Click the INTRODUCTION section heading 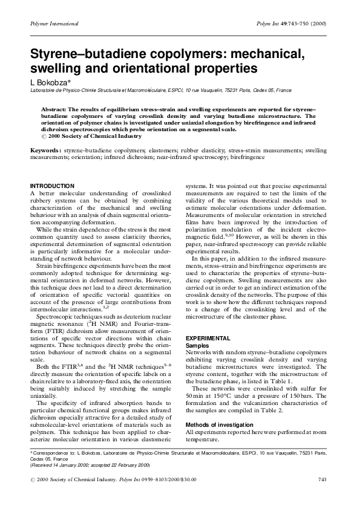(52, 185)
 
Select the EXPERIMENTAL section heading (208, 338)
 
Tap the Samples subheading (196, 345)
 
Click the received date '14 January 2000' (76, 464)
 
